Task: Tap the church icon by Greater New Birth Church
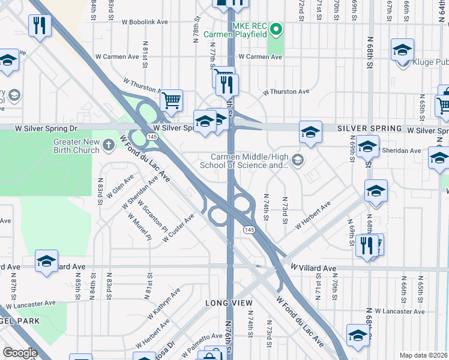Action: [x=109, y=145]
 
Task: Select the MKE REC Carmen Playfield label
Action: [x=235, y=30]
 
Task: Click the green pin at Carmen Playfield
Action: [x=276, y=28]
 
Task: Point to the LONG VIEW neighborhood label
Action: [x=229, y=303]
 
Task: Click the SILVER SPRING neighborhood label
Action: [x=369, y=128]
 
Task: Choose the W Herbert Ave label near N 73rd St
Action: [x=313, y=217]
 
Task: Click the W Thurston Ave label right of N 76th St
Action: [x=286, y=92]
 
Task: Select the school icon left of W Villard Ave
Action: [x=46, y=261]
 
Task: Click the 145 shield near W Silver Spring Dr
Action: [x=151, y=137]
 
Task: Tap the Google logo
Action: [x=20, y=353]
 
